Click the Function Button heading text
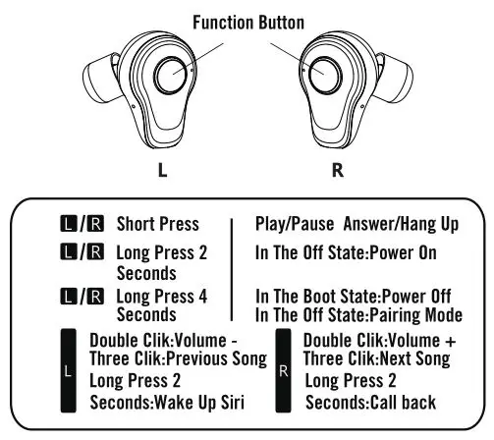coord(247,21)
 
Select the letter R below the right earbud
coord(338,168)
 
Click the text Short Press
coord(157,224)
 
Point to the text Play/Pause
coord(293,224)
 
